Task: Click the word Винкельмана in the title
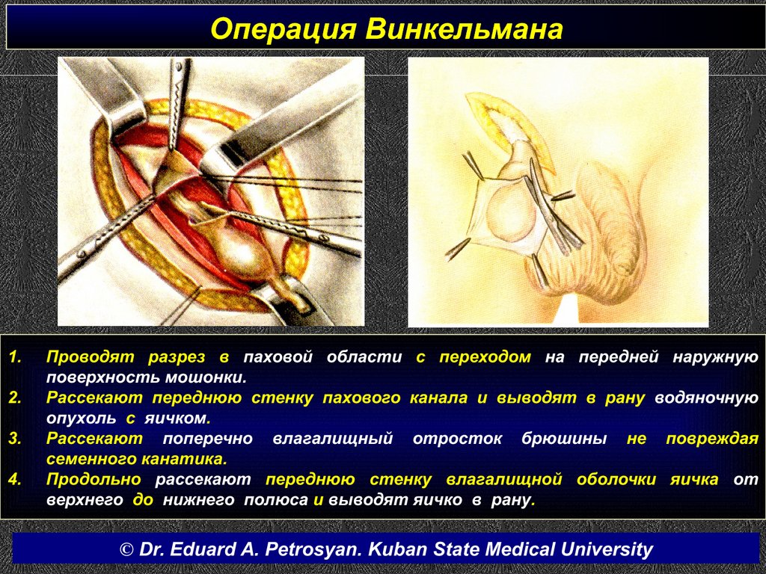point(465,29)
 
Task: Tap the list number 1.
point(15,357)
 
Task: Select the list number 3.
point(15,438)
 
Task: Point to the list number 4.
point(15,479)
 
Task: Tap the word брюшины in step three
point(564,439)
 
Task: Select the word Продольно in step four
point(94,480)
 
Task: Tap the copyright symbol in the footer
point(126,549)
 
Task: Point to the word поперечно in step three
point(208,439)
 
